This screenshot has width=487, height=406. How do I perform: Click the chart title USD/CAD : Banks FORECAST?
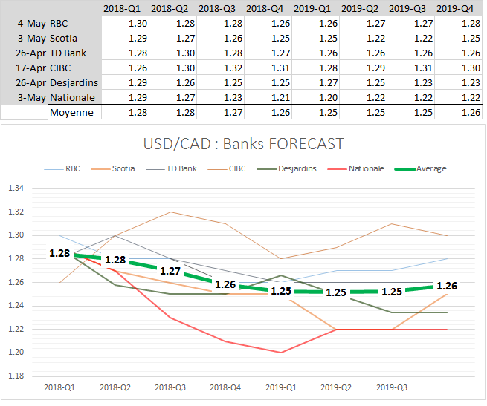point(243,143)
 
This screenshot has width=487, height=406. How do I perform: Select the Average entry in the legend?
point(431,168)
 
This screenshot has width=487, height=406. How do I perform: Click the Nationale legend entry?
point(367,168)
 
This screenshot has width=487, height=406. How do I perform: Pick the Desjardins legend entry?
point(297,168)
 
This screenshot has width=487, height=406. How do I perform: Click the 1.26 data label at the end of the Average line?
point(447,286)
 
